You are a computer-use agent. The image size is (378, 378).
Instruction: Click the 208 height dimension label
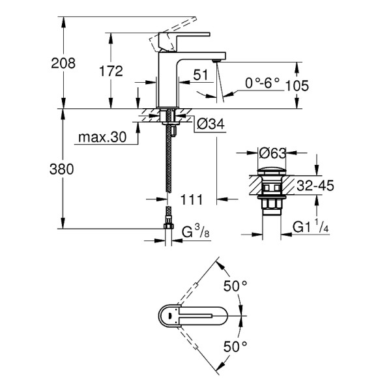64,63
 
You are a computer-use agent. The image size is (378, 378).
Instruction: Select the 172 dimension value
111,72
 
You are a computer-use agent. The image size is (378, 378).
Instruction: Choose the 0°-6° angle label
262,82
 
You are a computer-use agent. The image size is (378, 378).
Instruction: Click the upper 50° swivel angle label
235,285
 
